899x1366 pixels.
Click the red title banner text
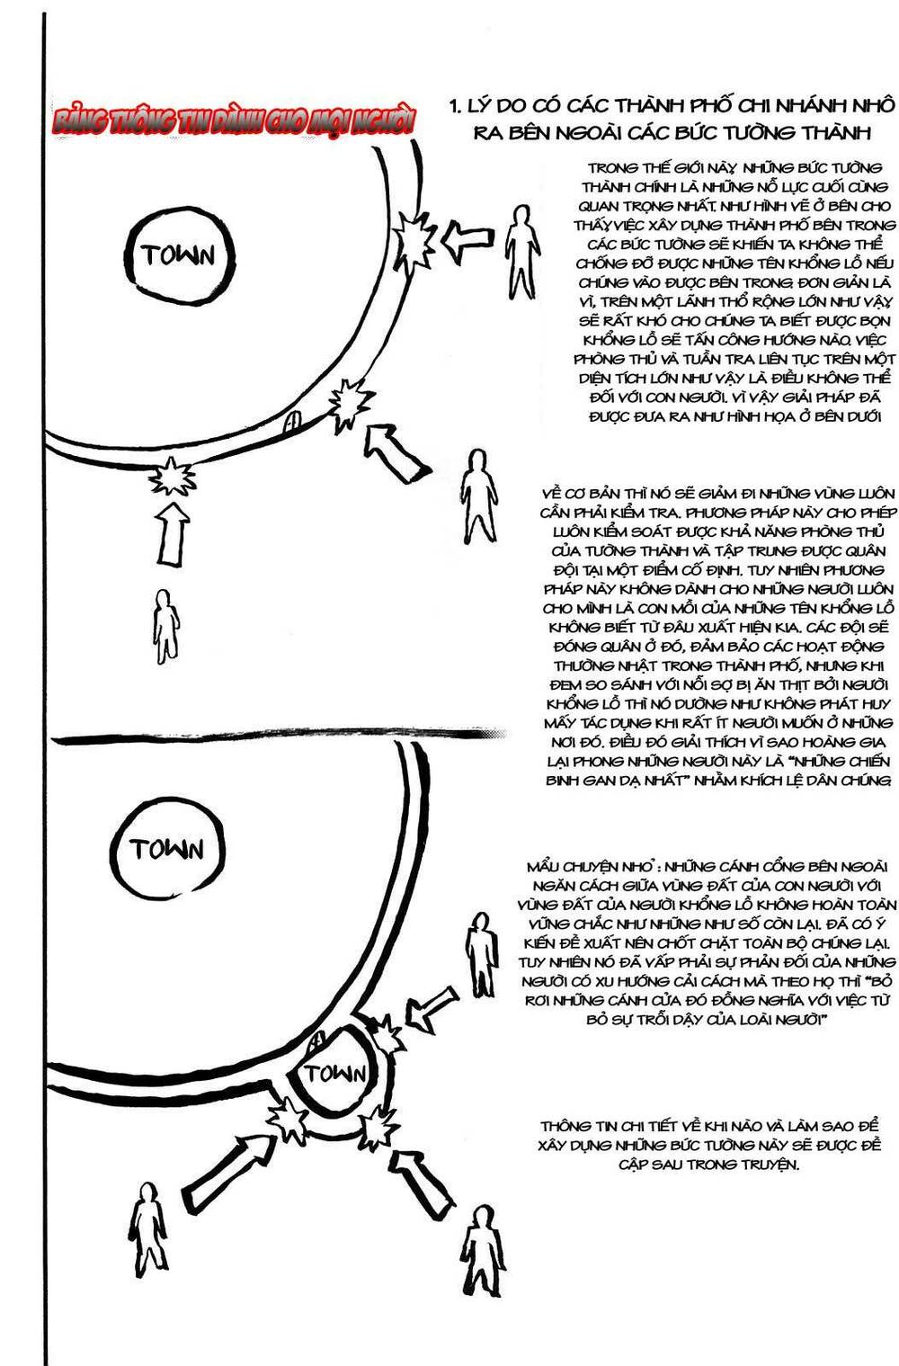[233, 121]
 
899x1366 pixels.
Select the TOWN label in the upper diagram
[178, 254]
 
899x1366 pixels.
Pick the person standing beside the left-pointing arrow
[519, 251]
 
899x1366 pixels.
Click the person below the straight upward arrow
[165, 626]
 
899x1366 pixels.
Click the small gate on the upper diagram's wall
[293, 421]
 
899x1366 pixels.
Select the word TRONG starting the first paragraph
[610, 167]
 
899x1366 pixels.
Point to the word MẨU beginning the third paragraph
[547, 867]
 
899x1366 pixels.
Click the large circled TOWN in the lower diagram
[166, 849]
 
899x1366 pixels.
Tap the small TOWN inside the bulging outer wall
[334, 1074]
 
